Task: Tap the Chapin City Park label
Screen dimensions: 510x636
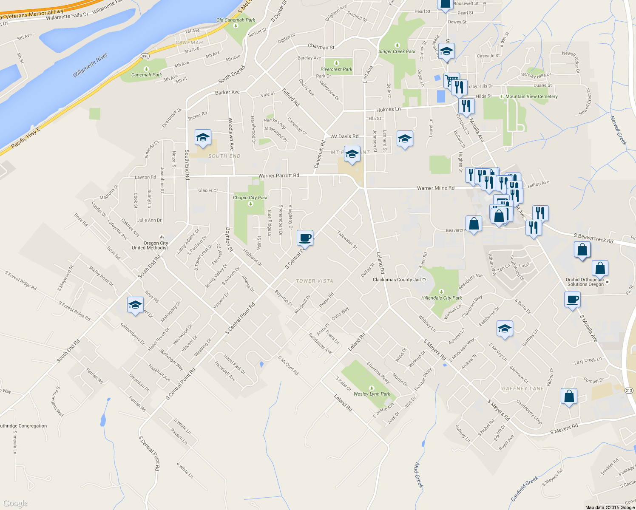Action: (250, 198)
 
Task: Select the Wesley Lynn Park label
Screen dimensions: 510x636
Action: (372, 394)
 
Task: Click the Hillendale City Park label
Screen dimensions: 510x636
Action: (441, 298)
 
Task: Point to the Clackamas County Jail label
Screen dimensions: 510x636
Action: (397, 280)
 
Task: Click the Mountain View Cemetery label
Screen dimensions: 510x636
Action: (531, 96)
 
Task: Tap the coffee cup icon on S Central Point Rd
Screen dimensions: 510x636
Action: (305, 238)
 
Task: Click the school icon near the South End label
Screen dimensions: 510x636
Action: (203, 138)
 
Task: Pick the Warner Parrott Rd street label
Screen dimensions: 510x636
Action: (278, 176)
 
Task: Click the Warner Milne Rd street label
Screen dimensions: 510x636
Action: (435, 188)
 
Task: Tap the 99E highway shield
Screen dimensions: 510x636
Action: (145, 56)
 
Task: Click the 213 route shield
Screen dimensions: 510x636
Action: (629, 391)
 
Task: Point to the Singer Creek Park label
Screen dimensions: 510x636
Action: (397, 51)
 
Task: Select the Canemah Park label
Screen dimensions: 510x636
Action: (146, 75)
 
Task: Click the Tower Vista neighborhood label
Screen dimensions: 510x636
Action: (314, 281)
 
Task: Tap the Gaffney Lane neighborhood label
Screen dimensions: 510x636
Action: (522, 388)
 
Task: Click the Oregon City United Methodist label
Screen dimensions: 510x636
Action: (150, 245)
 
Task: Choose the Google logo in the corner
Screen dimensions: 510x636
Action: (15, 503)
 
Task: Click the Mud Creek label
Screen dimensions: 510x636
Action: (419, 475)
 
